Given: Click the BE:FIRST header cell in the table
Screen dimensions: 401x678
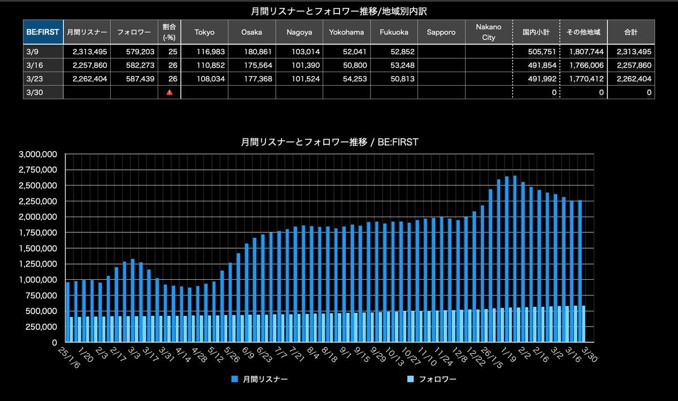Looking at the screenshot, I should (42, 32).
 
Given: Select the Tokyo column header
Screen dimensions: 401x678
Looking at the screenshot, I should (205, 32).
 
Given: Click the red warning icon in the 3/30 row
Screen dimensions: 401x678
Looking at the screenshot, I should (169, 92).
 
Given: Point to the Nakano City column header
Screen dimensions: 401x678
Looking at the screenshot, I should (488, 32).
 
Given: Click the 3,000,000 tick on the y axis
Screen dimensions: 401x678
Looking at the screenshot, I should (38, 154).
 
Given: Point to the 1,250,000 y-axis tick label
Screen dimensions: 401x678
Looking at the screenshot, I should (38, 264).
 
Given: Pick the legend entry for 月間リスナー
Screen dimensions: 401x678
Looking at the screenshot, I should (259, 379).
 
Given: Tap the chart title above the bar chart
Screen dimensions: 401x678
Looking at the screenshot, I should (330, 142).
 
